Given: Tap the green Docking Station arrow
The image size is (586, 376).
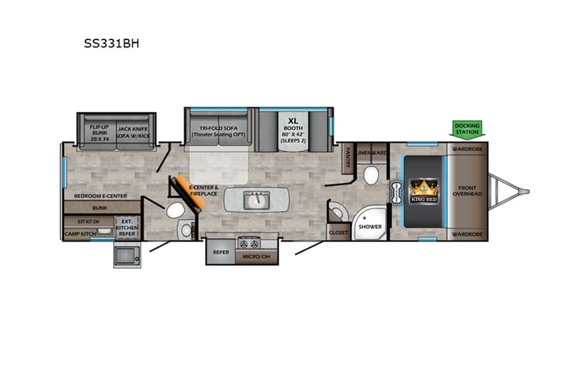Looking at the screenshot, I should [467, 129].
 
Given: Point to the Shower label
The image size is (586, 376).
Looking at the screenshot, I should [370, 227].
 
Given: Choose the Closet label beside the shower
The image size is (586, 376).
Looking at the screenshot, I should [337, 232].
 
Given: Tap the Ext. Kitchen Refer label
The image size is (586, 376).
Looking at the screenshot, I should [126, 228].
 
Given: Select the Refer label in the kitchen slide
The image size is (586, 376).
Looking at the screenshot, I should [221, 252].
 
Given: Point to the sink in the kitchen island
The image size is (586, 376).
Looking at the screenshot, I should [257, 200].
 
